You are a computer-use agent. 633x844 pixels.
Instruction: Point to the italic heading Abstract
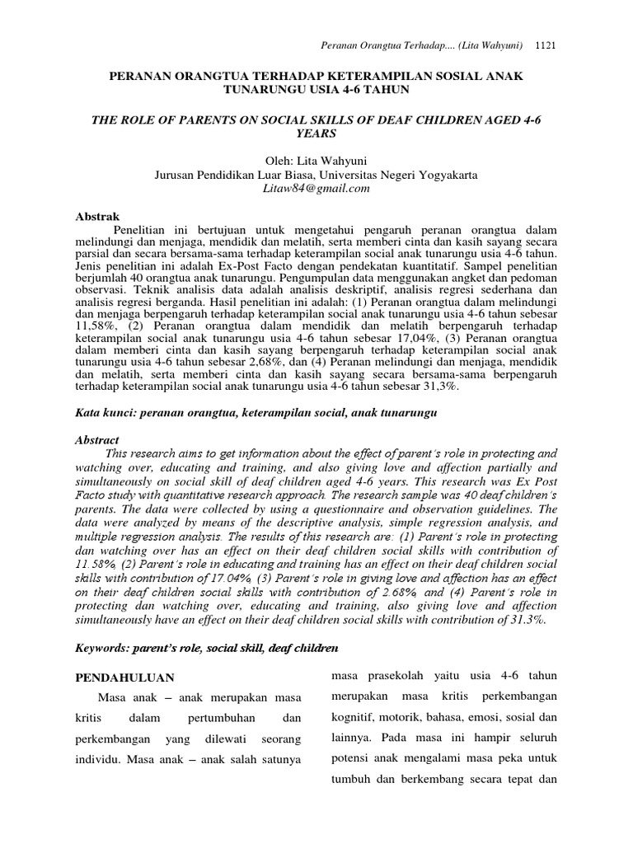[97, 440]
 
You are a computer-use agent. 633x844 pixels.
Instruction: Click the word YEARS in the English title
[316, 133]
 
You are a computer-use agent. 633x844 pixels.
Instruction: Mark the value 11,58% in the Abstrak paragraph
[95, 326]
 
